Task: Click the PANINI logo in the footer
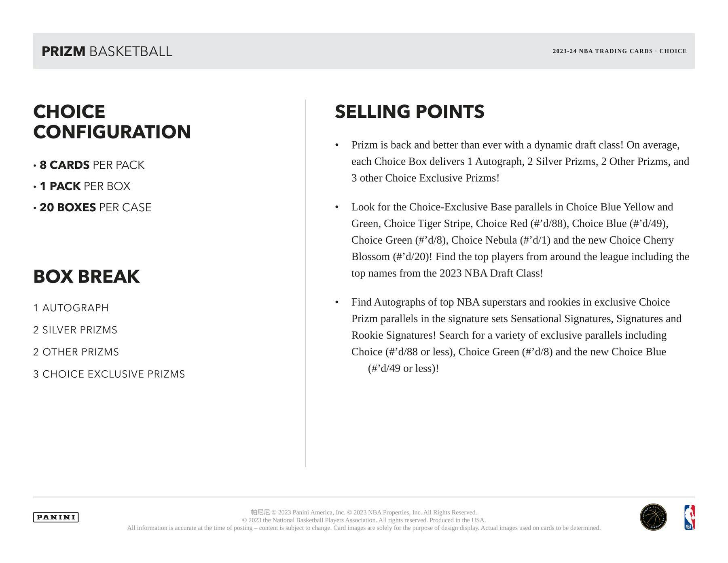click(x=56, y=517)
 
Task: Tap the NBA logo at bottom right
click(x=689, y=517)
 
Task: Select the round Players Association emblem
click(x=653, y=517)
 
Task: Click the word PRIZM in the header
click(x=63, y=51)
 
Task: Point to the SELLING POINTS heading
click(x=409, y=112)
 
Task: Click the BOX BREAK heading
click(x=86, y=276)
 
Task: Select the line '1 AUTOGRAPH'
click(x=71, y=308)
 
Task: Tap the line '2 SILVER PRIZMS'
click(x=75, y=330)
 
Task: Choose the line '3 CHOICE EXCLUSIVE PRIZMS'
click(x=109, y=374)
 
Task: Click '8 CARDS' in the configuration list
click(x=65, y=165)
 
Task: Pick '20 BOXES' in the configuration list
click(x=68, y=208)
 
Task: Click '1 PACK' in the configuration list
click(x=60, y=186)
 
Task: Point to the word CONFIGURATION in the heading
click(x=112, y=132)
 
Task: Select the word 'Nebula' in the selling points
click(x=501, y=240)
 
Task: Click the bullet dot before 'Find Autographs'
click(x=337, y=302)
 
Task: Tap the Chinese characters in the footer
click(x=260, y=512)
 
